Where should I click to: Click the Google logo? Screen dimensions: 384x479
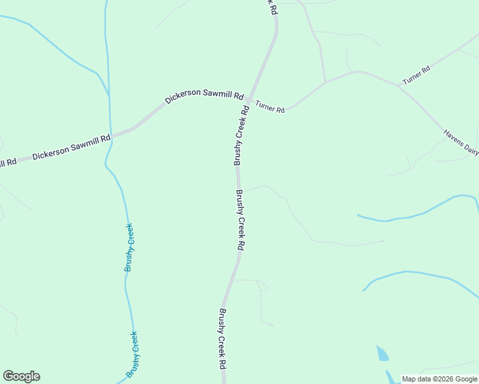point(21,376)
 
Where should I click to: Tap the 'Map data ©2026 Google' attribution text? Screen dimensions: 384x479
point(440,379)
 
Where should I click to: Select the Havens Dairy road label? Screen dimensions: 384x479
point(462,143)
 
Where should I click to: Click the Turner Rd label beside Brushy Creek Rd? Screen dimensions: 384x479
point(270,106)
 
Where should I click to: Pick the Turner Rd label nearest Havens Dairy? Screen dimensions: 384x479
point(416,75)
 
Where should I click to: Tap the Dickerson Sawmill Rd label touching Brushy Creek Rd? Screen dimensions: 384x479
point(204,97)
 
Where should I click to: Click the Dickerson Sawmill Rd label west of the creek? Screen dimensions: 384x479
point(71,147)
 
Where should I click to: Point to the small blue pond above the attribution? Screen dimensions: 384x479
point(382,353)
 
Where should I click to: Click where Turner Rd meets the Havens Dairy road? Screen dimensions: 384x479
point(398,85)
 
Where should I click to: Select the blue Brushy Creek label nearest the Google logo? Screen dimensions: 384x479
point(133,354)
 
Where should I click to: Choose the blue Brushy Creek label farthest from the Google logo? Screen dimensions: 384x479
point(129,248)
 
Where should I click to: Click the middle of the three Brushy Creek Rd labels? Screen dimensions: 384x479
point(240,220)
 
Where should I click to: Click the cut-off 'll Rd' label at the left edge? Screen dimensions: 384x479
point(8,163)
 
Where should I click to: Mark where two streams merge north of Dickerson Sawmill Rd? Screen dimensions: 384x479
point(109,96)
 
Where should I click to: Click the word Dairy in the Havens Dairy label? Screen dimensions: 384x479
point(472,150)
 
